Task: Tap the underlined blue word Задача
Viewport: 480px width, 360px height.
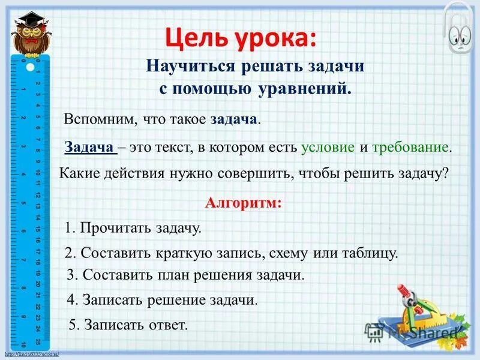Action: (x=89, y=148)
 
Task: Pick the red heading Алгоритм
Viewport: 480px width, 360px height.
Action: (x=242, y=202)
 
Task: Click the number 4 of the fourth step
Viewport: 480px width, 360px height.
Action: (x=70, y=300)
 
